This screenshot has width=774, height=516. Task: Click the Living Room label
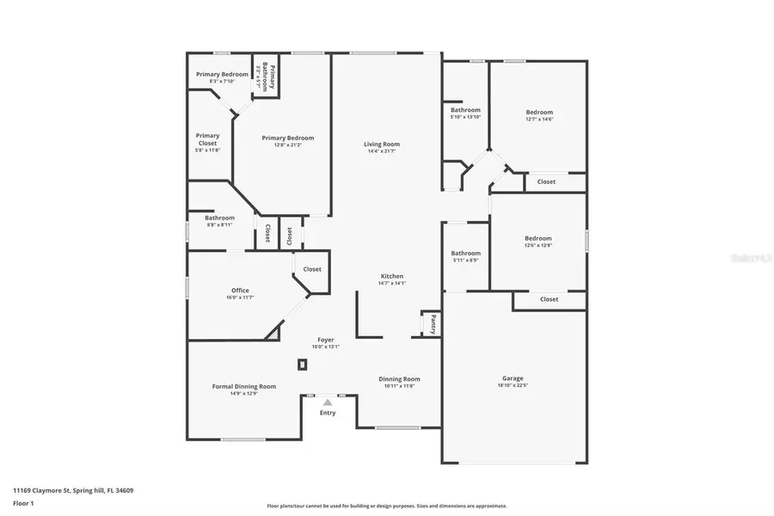tap(382, 144)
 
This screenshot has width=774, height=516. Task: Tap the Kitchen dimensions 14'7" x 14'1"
tap(392, 283)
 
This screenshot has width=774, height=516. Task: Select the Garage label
tap(513, 378)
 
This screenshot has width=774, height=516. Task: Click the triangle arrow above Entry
tap(328, 402)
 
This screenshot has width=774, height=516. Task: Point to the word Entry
tap(328, 413)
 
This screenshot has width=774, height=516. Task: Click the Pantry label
tap(433, 324)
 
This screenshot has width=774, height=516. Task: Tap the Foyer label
tap(326, 340)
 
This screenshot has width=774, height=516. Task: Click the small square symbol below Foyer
tap(302, 365)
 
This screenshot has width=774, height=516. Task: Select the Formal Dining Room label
tap(244, 387)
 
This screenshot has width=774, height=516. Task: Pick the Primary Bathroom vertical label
tap(268, 77)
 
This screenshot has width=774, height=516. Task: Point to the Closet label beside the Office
tap(312, 269)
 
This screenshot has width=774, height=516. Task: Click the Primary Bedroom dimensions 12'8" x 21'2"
tap(288, 144)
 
